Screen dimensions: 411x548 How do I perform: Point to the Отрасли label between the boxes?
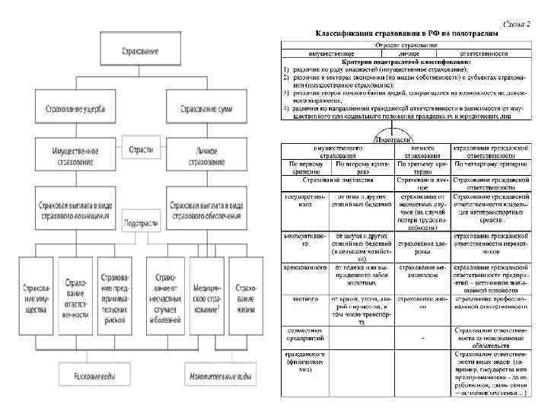coord(141,149)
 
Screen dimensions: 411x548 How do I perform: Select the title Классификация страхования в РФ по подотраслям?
coord(407,35)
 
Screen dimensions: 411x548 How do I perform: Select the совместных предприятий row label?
coord(303,335)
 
